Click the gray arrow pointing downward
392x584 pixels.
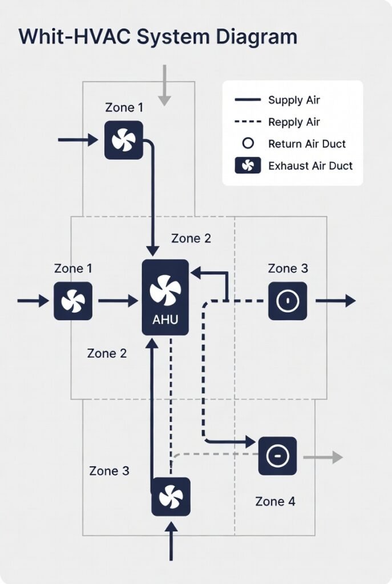(164, 86)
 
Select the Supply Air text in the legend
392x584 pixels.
(294, 100)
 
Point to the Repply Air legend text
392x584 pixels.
(294, 122)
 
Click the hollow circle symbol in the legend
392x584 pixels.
(248, 144)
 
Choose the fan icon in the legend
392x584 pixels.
(248, 166)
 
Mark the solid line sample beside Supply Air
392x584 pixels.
(248, 100)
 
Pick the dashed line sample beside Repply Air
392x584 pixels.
(248, 122)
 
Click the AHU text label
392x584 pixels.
(165, 320)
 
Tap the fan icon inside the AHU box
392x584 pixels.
(165, 290)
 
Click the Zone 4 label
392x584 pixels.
(275, 501)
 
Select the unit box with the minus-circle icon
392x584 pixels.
(277, 456)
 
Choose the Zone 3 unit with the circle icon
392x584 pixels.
(288, 301)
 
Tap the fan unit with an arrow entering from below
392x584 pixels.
(171, 497)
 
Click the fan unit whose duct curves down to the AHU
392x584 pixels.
(123, 140)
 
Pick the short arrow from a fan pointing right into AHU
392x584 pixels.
(118, 301)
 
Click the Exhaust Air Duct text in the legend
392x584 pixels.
(310, 166)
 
